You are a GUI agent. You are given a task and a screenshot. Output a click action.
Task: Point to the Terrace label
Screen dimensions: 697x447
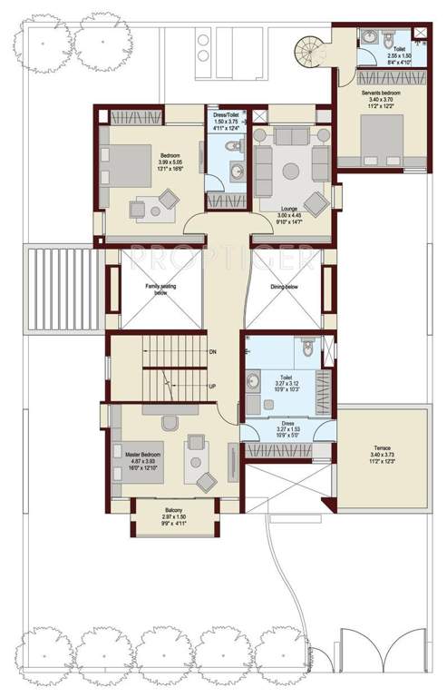382,448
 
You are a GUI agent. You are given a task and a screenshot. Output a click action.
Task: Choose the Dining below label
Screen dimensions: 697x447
284,287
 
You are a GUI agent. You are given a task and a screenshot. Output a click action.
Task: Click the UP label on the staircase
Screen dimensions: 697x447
212,388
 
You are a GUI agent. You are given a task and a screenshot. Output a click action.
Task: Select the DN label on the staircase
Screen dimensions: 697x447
212,351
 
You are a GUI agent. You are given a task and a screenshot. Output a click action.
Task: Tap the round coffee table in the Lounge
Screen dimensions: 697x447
291,169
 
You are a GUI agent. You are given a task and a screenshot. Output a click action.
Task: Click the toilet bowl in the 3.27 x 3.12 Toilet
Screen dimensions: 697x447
307,347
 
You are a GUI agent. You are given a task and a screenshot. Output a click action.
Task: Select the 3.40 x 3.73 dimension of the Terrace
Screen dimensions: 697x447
382,456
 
